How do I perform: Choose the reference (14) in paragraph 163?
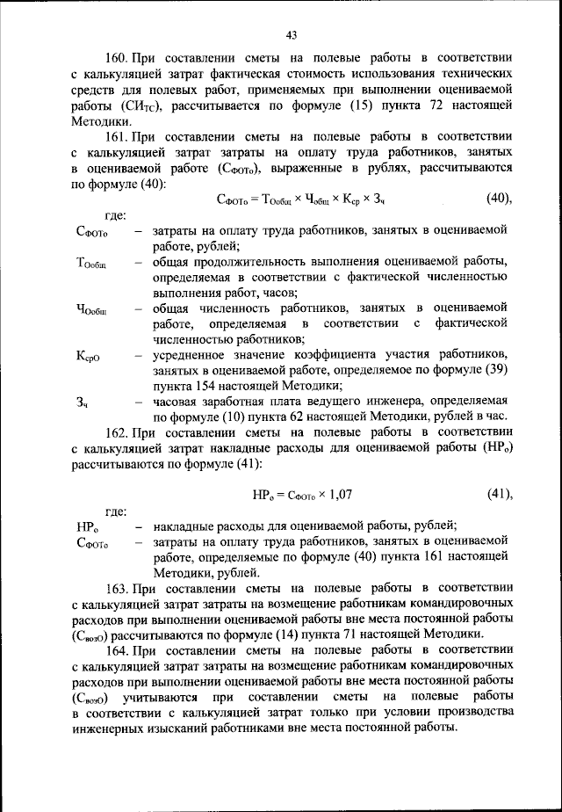point(320,633)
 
